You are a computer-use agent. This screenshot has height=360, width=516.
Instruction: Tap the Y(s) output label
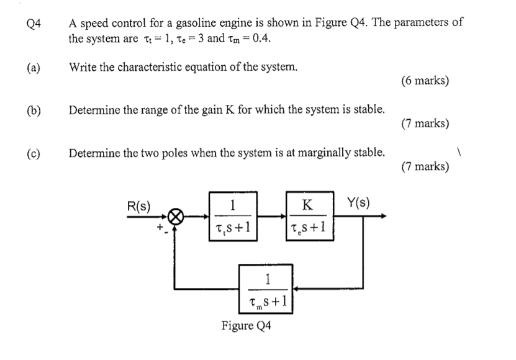point(360,202)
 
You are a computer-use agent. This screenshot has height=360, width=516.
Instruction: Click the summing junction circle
point(176,218)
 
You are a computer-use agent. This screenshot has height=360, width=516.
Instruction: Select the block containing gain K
point(309,216)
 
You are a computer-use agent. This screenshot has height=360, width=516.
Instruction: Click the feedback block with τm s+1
point(268,289)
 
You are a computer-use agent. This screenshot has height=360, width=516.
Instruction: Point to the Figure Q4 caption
point(246,326)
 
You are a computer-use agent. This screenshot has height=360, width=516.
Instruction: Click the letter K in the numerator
point(308,205)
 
